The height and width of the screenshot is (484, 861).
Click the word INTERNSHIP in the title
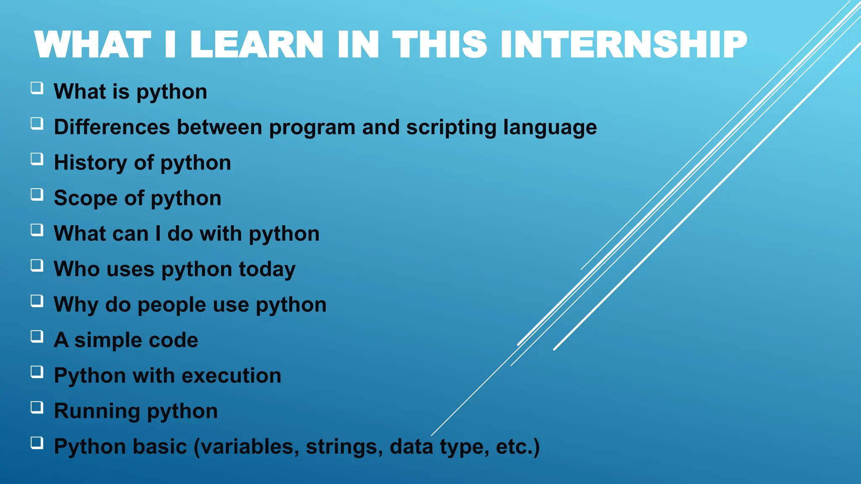623,45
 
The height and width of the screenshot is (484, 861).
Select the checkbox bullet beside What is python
37,88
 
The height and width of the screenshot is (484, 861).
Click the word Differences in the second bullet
112,127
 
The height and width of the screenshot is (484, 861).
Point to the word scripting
451,128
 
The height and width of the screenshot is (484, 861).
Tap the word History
90,163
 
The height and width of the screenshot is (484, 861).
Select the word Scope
86,198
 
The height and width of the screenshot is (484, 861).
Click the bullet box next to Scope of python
37,195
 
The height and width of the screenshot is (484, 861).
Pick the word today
267,269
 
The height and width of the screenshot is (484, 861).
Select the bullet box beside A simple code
37,337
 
